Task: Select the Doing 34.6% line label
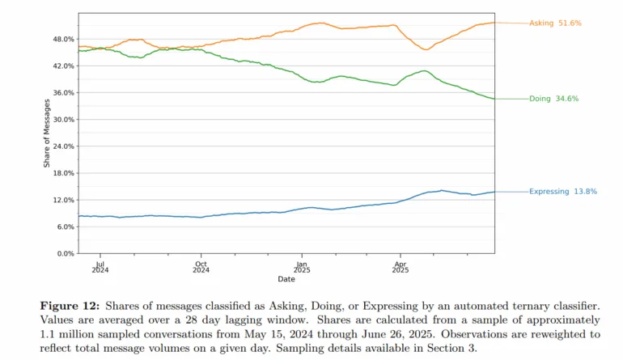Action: [553, 99]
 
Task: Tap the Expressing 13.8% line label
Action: [563, 192]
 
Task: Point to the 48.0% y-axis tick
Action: [63, 39]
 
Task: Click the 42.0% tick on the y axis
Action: [63, 66]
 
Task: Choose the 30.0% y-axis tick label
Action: [63, 120]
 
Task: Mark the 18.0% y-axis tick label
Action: [63, 173]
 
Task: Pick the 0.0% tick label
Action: [66, 253]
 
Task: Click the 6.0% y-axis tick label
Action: [66, 227]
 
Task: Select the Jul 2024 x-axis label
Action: [100, 267]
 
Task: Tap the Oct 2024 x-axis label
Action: [201, 267]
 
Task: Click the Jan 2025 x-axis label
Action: [302, 267]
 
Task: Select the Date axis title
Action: [286, 280]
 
